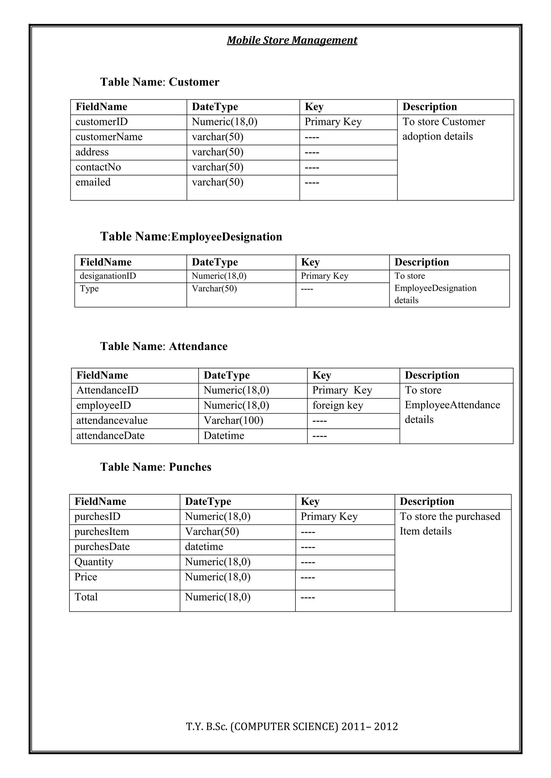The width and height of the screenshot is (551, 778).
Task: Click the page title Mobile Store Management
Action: [292, 40]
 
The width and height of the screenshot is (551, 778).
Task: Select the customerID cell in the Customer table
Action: [101, 122]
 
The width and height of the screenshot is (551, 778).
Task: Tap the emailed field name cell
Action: [93, 182]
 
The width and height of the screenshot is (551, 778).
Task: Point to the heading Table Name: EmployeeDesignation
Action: [191, 236]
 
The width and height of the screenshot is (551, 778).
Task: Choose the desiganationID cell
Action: [108, 276]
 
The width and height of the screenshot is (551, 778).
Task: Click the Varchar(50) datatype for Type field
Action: [214, 289]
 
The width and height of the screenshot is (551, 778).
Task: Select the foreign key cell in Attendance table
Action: [338, 405]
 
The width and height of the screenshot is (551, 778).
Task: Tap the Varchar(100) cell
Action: [234, 420]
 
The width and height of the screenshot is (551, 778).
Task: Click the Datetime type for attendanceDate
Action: [224, 436]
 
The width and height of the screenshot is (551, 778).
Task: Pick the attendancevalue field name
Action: [112, 420]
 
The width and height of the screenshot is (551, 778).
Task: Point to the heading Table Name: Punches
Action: [156, 467]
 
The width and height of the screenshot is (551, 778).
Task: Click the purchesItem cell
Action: [102, 532]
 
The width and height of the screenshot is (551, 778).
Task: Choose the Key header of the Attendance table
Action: [322, 376]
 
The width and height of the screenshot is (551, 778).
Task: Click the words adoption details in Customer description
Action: [437, 136]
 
